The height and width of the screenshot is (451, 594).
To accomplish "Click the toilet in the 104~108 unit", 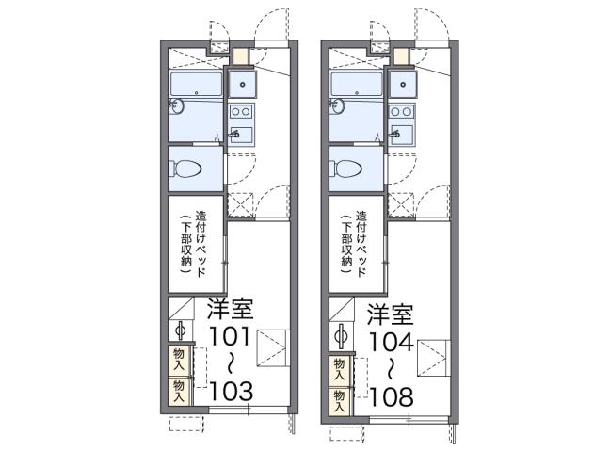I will click(347, 169).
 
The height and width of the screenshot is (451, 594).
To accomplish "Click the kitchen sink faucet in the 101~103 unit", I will click(237, 135).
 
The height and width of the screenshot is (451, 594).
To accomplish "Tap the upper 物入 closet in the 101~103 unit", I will click(179, 359).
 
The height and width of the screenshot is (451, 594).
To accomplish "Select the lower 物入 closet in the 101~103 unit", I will click(179, 387).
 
